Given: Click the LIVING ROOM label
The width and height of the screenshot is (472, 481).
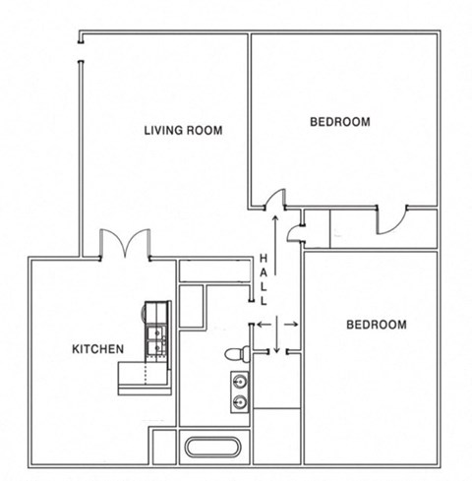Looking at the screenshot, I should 183,130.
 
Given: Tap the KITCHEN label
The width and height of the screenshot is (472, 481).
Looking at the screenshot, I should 97,348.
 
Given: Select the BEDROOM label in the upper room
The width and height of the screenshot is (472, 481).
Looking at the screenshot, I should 339,122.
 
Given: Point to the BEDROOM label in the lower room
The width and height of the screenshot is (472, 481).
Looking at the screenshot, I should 376,325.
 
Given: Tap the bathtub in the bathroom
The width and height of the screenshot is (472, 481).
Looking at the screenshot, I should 212,447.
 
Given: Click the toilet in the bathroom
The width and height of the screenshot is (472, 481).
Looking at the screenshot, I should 235,352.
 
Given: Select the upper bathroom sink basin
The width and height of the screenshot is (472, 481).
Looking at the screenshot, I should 239,380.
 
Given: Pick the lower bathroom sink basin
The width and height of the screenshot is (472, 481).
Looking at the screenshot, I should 239,400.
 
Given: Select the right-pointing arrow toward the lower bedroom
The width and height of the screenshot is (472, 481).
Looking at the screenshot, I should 292,323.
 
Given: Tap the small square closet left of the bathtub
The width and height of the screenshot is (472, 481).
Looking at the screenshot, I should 163,445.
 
